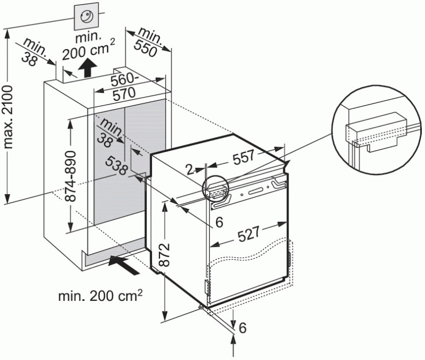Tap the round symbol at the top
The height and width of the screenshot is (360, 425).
[x=86, y=17]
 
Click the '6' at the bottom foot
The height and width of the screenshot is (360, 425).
[x=243, y=329]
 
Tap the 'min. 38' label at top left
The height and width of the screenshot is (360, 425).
[x=35, y=51]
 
